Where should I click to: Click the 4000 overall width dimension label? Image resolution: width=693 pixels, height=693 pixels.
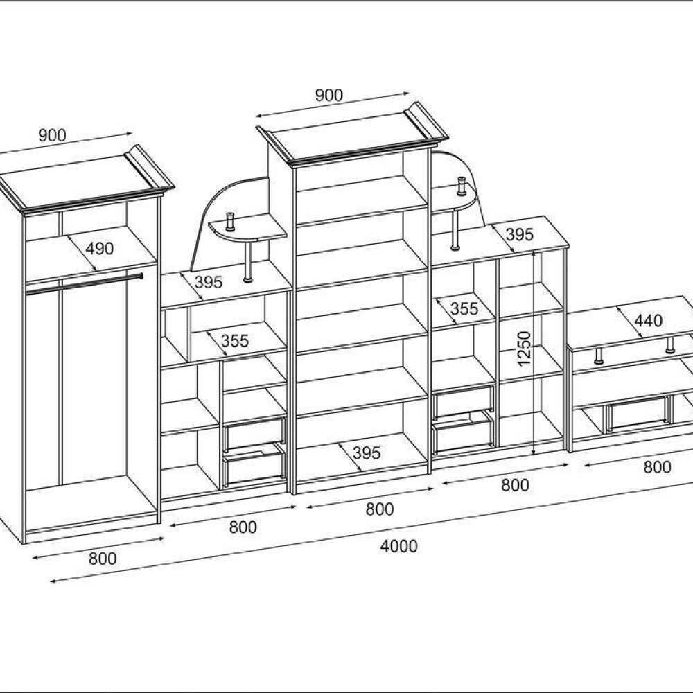[x=398, y=546]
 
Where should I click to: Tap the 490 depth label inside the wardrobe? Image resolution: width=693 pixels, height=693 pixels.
[x=99, y=249]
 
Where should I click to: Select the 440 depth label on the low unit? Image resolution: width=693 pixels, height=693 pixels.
[x=649, y=320]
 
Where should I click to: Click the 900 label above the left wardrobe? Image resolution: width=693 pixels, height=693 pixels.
[x=52, y=135]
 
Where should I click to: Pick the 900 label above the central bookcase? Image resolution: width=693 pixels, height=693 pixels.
[x=328, y=95]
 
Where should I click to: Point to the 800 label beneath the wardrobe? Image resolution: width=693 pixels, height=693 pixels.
[x=103, y=559]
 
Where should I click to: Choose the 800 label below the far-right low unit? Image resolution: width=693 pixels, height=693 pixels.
[x=657, y=466]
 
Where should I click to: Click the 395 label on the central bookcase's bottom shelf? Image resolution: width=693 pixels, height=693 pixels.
[x=367, y=453]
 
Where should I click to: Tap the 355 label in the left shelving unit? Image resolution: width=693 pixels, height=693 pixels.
[x=235, y=341]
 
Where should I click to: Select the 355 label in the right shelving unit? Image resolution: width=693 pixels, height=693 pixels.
[x=464, y=308]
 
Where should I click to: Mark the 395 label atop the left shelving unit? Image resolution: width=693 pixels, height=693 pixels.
[x=208, y=282]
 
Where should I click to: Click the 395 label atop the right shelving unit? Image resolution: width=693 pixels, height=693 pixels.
[x=519, y=234]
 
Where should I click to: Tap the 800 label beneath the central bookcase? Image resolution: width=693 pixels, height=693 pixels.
[x=379, y=509]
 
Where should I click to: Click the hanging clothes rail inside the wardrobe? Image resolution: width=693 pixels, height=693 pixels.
[x=84, y=283]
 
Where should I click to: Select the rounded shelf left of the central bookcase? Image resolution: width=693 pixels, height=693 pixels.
[x=247, y=230]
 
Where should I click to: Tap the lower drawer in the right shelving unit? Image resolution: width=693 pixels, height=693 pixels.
[x=463, y=437]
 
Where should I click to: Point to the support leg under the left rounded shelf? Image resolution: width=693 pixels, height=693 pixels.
[x=248, y=261]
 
